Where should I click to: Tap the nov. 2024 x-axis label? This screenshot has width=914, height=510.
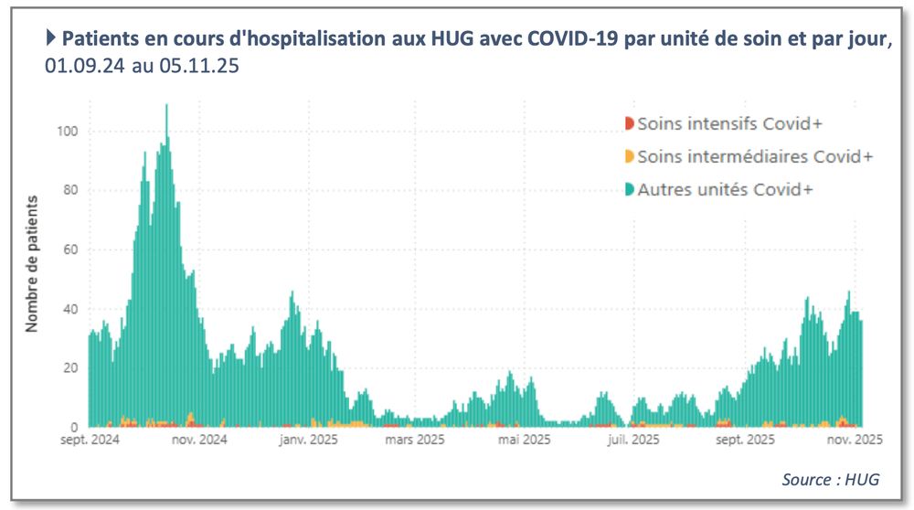[x=200, y=440]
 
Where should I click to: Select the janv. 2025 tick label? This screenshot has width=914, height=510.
[x=307, y=440]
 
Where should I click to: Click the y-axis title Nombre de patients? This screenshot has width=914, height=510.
[x=32, y=262]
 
